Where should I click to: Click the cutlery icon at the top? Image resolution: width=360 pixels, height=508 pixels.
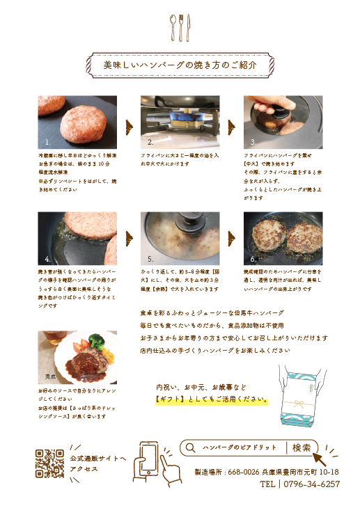pos(180,28)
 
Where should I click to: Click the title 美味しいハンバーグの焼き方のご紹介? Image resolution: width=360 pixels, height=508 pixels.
pos(180,64)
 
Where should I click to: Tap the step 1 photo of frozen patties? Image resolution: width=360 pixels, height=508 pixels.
pos(77,122)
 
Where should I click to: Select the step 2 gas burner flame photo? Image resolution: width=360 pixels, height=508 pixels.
pos(180,122)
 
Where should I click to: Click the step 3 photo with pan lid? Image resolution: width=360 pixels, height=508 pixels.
pos(283,122)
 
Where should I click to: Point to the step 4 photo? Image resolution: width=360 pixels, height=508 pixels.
pos(77,239)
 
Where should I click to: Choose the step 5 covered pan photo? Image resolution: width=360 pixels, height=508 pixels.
pos(180,239)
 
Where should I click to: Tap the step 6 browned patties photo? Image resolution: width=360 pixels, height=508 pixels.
pos(283,239)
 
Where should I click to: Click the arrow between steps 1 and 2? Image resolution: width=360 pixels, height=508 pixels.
pos(129,126)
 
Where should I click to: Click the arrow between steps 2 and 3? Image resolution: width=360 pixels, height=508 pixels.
pos(231,126)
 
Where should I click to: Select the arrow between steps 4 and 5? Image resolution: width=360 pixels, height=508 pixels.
pos(129,242)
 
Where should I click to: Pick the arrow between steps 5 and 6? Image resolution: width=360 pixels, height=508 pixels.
pos(231,242)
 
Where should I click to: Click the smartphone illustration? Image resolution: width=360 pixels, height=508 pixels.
pos(148,460)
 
